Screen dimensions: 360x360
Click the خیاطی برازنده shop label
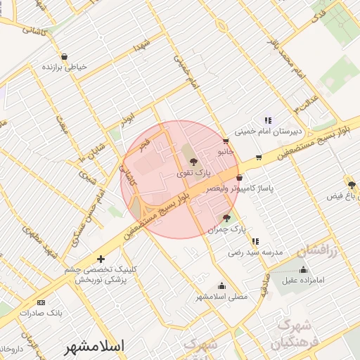pyautogui.click(x=65, y=67)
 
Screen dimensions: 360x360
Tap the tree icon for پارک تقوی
pyautogui.click(x=194, y=162)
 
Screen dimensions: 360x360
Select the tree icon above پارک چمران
pyautogui.click(x=226, y=218)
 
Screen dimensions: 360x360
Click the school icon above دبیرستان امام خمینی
pyautogui.click(x=267, y=120)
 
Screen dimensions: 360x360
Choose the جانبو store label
pyautogui.click(x=224, y=150)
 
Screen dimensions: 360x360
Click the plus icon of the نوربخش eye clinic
pyautogui.click(x=101, y=259)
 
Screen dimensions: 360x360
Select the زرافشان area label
pyautogui.click(x=317, y=250)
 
